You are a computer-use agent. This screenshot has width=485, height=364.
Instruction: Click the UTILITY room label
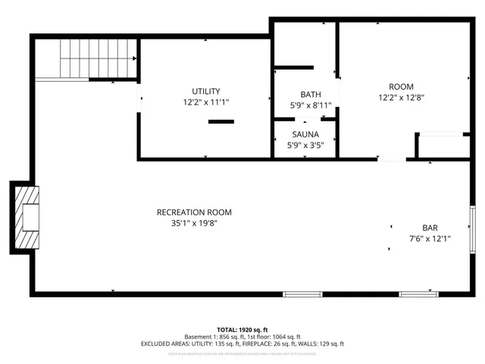click(x=205, y=91)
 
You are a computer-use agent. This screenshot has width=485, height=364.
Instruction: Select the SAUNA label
click(x=305, y=134)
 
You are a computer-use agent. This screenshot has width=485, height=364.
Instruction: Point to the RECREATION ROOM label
click(x=194, y=212)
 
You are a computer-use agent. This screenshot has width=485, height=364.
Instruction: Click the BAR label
click(x=430, y=227)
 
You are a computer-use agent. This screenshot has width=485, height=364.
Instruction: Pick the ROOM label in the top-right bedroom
click(x=402, y=86)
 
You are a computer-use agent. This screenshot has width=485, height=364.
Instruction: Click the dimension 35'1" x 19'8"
click(x=194, y=223)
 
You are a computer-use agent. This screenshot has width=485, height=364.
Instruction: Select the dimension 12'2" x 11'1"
click(x=205, y=102)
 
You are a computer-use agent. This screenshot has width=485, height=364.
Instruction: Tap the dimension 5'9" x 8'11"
click(x=311, y=105)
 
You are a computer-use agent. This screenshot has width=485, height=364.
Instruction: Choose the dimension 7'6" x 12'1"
click(x=430, y=238)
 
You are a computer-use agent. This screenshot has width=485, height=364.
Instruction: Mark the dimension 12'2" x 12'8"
click(x=402, y=97)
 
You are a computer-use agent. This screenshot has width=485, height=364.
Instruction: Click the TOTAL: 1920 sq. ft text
click(x=242, y=328)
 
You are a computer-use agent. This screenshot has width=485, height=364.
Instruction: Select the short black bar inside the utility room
click(x=221, y=121)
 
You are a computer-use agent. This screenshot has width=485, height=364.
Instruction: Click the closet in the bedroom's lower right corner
click(x=443, y=146)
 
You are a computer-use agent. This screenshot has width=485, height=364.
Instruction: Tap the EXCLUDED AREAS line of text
click(x=242, y=344)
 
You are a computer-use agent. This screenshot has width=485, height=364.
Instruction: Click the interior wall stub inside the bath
click(x=293, y=67)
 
